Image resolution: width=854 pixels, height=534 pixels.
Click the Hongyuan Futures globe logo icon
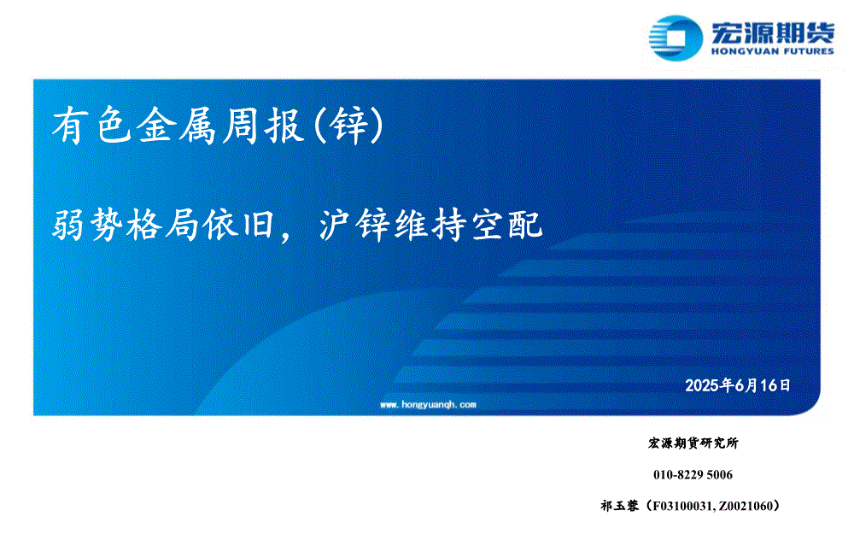[x=676, y=38]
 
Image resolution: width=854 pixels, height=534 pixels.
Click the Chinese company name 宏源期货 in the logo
[x=772, y=33]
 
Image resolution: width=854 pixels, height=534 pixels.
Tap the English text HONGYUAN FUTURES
[x=772, y=51]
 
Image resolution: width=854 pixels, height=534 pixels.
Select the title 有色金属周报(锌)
[x=218, y=126]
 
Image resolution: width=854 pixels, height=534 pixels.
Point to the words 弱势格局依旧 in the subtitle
[x=162, y=225]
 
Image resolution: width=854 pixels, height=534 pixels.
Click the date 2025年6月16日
[x=738, y=385]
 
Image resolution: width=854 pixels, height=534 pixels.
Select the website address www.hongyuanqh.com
[x=428, y=404]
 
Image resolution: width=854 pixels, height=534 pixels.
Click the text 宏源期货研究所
[x=693, y=443]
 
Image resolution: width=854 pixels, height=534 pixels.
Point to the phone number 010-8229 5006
[x=693, y=474]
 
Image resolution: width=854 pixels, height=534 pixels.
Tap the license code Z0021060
[x=746, y=506]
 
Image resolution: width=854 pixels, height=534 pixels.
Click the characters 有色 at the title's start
[x=91, y=126]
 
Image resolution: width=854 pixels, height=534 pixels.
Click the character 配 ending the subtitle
[x=525, y=225]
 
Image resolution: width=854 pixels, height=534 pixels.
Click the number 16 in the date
[x=769, y=385]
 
